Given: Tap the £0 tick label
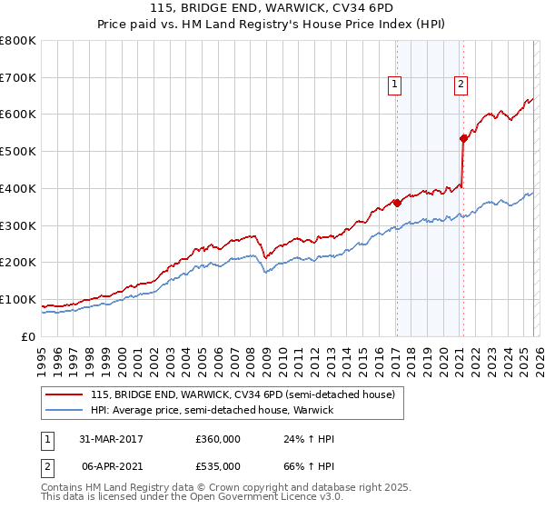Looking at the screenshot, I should coord(27,337).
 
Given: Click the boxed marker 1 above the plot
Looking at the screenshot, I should coord(396,85).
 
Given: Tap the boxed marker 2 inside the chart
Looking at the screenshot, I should coord(461,85).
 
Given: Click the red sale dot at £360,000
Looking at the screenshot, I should coord(397,203).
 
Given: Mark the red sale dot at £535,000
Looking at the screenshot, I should coord(463,138).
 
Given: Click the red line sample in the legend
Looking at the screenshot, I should coord(64,395).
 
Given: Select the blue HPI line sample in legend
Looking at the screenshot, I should coord(64,410).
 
